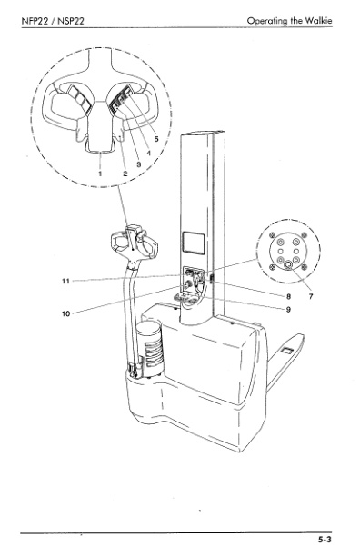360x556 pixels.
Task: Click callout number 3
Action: click(138, 164)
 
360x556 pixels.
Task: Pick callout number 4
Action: click(148, 152)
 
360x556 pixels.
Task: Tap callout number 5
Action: click(156, 140)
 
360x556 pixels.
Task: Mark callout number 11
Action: click(65, 281)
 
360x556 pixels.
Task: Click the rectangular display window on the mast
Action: click(191, 241)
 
